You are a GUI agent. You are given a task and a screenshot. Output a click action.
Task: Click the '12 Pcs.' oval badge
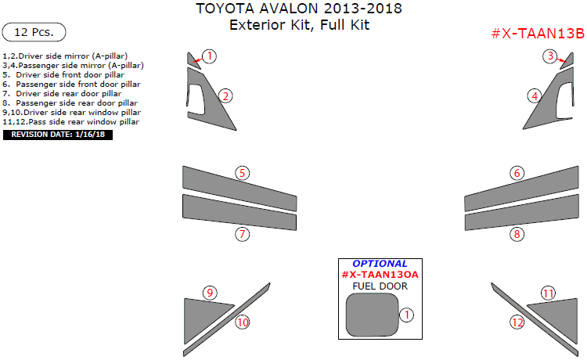34,32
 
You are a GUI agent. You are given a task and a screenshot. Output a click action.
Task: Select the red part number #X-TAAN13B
538,34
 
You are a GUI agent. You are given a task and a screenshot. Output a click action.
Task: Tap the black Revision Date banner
58,135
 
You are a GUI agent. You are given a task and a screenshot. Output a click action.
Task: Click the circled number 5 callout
242,173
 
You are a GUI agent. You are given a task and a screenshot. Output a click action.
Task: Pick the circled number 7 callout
242,234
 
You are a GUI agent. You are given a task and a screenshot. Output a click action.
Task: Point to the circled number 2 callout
225,96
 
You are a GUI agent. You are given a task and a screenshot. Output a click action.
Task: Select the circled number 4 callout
535,96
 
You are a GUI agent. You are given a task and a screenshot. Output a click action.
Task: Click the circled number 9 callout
210,293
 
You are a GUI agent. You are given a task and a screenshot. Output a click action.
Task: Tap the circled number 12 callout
517,322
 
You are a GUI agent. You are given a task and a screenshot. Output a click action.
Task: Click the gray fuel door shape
372,315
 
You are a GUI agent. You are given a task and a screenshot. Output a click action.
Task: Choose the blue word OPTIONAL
380,264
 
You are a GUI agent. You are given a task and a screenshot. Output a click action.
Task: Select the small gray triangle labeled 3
568,62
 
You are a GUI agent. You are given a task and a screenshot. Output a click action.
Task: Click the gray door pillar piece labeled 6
521,189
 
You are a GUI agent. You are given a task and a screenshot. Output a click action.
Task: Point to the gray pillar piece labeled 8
521,213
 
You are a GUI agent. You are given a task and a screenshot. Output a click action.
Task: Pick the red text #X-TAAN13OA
380,275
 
